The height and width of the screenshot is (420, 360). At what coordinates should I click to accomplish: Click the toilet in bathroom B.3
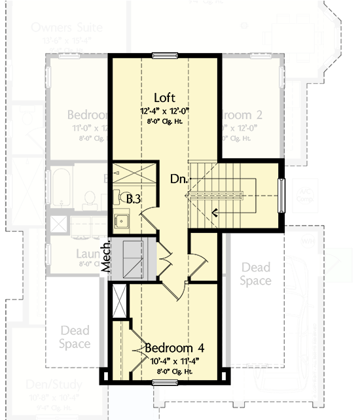coord(118,196)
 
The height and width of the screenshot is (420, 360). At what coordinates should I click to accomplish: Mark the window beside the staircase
coord(282,195)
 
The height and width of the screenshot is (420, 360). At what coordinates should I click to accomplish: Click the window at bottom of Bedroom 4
coord(165,385)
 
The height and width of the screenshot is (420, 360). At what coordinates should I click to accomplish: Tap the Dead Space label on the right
coord(255,273)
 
